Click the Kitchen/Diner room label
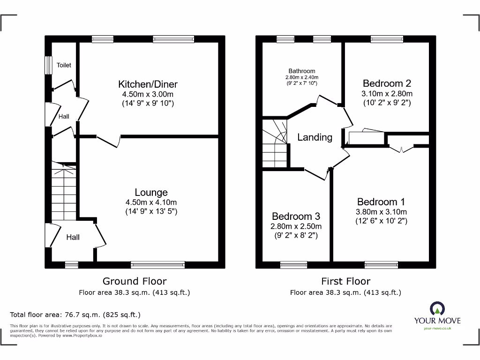[148, 84]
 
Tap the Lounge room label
[151, 193]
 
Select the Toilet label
[64, 65]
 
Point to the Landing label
[315, 137]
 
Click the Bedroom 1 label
[381, 202]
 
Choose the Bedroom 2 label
[387, 83]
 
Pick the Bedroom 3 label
[296, 217]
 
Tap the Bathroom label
[302, 71]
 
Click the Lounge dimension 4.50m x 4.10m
[151, 202]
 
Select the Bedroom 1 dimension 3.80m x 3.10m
[381, 212]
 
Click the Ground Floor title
[135, 281]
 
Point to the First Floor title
[345, 281]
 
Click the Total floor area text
[75, 315]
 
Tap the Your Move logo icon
[437, 309]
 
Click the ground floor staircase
[63, 190]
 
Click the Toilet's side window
[48, 65]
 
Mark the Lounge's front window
[158, 265]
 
